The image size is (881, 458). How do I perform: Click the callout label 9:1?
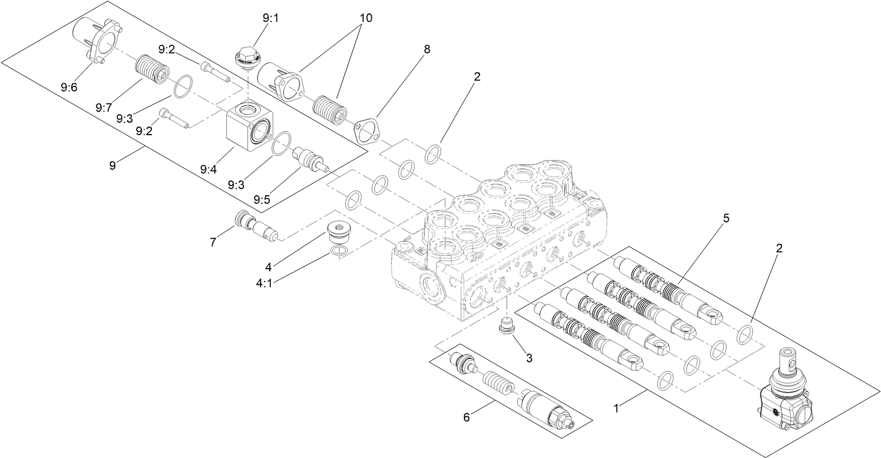[271, 18]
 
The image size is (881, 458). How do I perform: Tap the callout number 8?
[427, 49]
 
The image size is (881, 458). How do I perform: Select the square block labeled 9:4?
[249, 129]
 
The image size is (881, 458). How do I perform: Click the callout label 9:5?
[262, 200]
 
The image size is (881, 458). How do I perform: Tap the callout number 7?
[213, 242]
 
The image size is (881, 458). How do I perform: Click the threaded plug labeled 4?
[338, 234]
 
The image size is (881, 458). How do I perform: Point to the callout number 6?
[466, 417]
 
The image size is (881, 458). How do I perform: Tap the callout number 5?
[726, 218]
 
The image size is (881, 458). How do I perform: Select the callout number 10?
[365, 18]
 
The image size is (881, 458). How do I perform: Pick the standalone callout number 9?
[112, 166]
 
